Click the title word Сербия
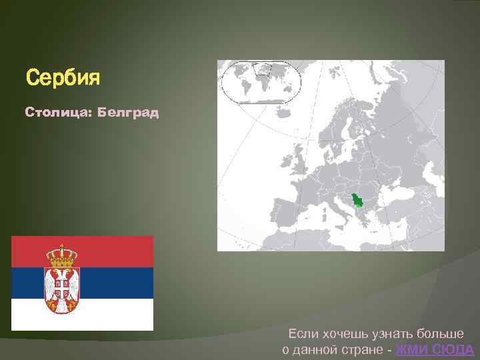(x=63, y=78)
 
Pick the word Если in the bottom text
(x=301, y=333)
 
